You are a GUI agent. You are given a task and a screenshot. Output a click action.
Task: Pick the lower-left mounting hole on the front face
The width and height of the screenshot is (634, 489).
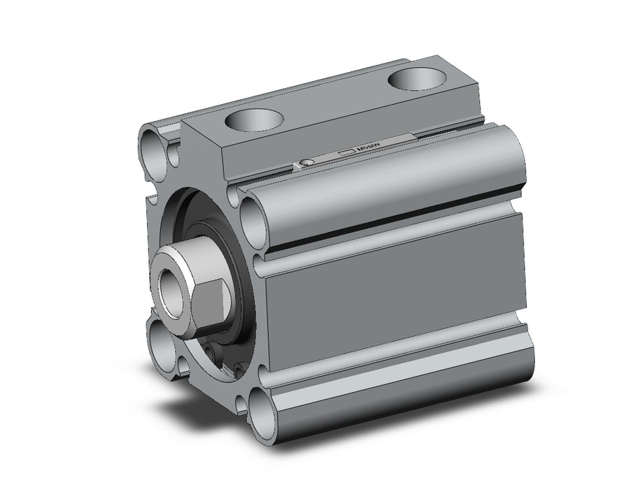pyautogui.click(x=161, y=346)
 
